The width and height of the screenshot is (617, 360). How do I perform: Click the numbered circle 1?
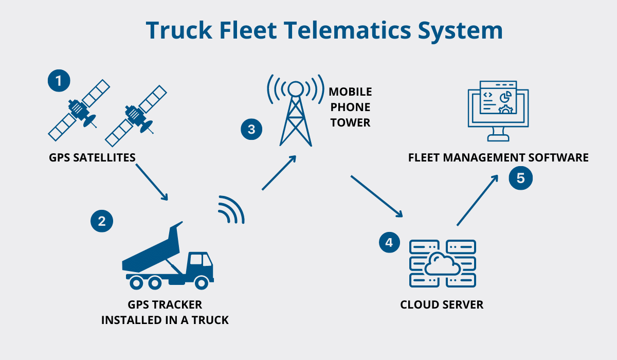click(x=59, y=81)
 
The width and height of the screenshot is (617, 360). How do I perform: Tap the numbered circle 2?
click(x=101, y=221)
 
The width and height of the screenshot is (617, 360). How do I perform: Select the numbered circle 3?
click(x=251, y=129)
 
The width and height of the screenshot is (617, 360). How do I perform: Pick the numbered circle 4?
click(x=389, y=242)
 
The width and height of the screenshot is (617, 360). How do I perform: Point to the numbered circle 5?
click(x=521, y=178)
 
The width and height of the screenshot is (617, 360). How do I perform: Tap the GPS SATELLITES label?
click(x=92, y=157)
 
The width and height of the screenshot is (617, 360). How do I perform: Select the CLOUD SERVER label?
click(x=442, y=304)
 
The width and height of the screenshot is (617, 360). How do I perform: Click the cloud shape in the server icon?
click(x=442, y=265)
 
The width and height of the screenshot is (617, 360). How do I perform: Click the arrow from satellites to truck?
click(x=152, y=182)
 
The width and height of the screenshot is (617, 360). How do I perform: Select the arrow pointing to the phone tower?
click(x=279, y=173)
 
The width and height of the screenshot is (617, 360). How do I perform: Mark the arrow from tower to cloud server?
click(x=376, y=196)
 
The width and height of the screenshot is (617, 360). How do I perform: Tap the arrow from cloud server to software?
click(x=478, y=200)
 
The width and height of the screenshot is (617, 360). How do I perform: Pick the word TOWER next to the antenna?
click(x=350, y=123)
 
